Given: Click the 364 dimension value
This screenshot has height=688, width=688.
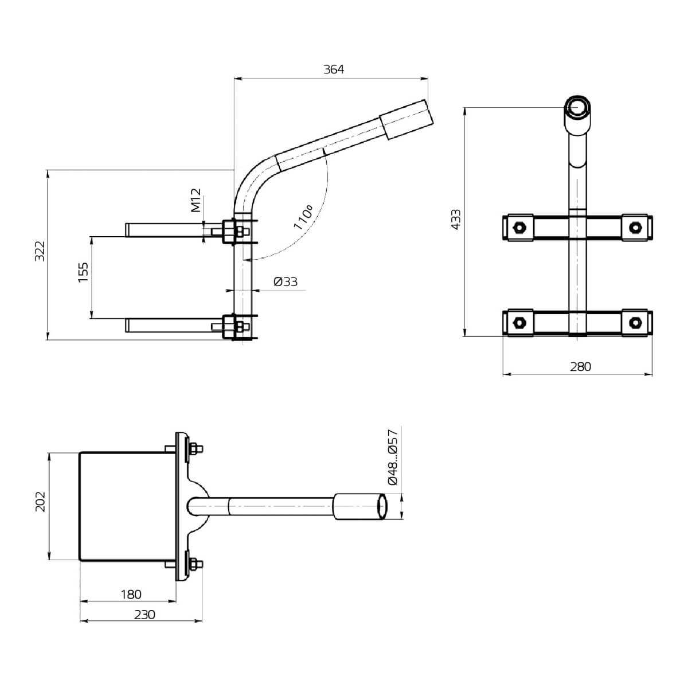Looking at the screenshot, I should pyautogui.click(x=333, y=69).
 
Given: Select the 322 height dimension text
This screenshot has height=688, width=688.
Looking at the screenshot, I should pyautogui.click(x=40, y=252).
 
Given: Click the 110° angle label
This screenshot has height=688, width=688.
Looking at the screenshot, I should pyautogui.click(x=303, y=217).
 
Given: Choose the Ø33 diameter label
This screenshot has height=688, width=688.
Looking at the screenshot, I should pyautogui.click(x=285, y=282).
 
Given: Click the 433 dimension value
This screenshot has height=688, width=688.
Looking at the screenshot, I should pyautogui.click(x=456, y=220).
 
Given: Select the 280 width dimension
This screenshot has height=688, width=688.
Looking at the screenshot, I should pyautogui.click(x=580, y=367).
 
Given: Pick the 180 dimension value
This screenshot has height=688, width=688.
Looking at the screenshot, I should pyautogui.click(x=130, y=595).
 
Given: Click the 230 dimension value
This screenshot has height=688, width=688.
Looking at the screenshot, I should pyautogui.click(x=144, y=615).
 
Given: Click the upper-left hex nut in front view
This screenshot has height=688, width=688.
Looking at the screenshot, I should pyautogui.click(x=518, y=227).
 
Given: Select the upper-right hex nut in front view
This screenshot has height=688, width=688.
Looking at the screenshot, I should pyautogui.click(x=634, y=227).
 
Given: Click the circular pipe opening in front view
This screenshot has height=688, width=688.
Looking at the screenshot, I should pyautogui.click(x=577, y=107).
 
